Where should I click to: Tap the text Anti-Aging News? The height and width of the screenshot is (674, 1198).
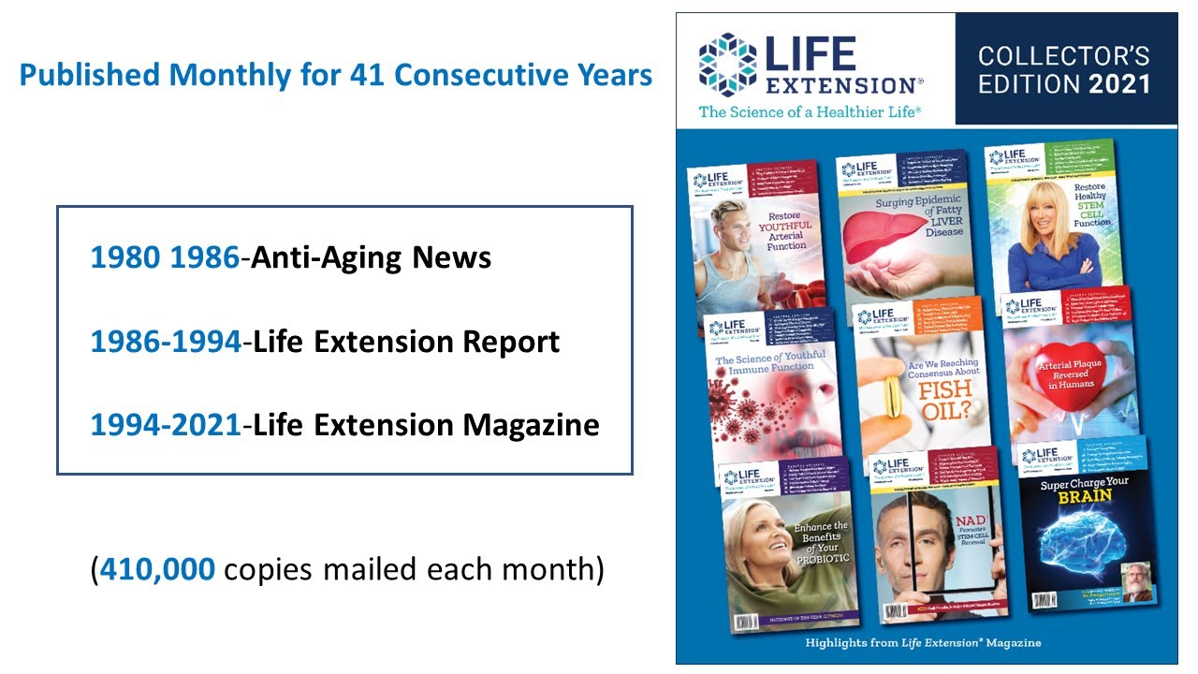[x=372, y=257]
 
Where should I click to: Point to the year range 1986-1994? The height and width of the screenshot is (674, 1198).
[x=166, y=342]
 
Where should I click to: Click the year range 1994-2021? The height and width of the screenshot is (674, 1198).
[x=166, y=425]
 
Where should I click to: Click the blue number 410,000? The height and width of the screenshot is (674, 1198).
[x=156, y=569]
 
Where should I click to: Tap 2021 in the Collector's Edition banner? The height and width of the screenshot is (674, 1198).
[x=1118, y=84]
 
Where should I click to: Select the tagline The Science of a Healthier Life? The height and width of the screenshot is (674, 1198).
[x=811, y=111]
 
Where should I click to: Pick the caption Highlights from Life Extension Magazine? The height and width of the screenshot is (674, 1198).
[x=923, y=643]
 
